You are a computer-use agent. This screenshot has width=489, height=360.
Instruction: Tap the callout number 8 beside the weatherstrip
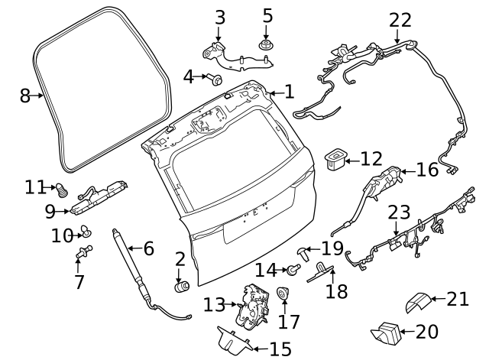point(24,96)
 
